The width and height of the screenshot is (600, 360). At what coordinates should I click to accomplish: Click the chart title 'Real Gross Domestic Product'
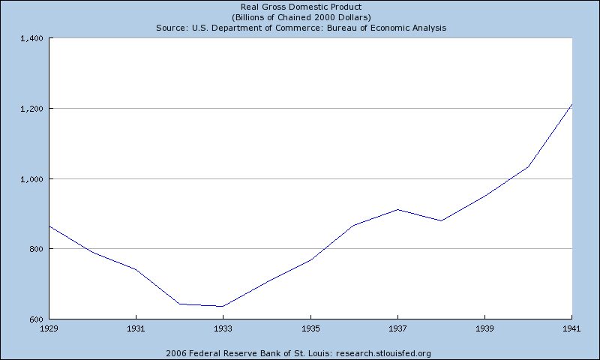tap(300, 7)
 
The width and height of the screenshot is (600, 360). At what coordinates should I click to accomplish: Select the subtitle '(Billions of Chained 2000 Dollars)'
tap(300, 17)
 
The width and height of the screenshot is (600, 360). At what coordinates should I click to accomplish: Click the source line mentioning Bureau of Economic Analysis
tap(300, 28)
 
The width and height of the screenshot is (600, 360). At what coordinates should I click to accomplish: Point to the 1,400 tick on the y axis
tap(32, 38)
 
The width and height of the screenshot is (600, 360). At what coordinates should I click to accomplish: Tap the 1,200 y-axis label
tap(32, 109)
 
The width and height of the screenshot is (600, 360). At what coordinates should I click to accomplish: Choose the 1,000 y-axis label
tap(32, 179)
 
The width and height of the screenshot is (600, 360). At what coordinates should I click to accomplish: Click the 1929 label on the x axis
tap(48, 328)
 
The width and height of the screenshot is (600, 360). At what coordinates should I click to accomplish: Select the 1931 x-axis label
tap(135, 328)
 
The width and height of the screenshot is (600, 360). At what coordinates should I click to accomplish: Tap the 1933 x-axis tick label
tap(223, 328)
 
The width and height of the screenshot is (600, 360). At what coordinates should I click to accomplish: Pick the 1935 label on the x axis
tap(310, 328)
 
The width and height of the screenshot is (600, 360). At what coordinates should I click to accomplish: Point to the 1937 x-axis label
tap(397, 328)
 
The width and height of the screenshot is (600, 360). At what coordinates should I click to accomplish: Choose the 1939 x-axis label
tap(484, 328)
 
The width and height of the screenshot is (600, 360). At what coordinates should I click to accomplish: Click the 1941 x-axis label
tap(572, 328)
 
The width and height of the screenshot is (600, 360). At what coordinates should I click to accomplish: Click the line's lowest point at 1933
tap(223, 306)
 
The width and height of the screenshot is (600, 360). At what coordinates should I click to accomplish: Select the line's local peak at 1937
tap(397, 209)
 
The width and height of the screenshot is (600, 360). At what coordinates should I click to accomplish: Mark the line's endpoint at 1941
tap(571, 104)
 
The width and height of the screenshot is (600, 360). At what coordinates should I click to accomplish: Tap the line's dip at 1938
tap(441, 220)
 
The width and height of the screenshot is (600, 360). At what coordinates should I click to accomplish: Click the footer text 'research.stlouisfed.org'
tap(383, 352)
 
